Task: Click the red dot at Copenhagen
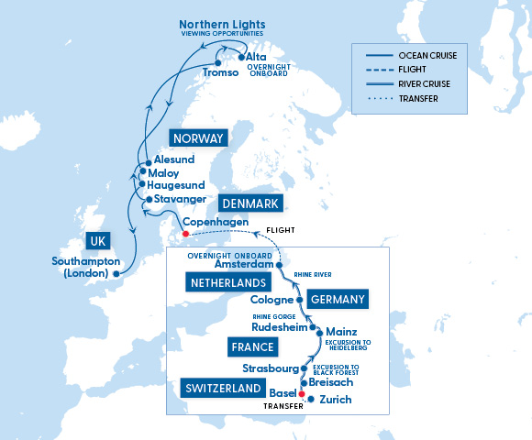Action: pyautogui.click(x=184, y=233)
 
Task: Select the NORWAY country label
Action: pyautogui.click(x=197, y=139)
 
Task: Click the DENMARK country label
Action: pyautogui.click(x=250, y=203)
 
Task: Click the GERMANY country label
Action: pyautogui.click(x=338, y=300)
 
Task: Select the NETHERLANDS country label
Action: pyautogui.click(x=228, y=283)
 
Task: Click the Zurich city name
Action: pyautogui.click(x=336, y=400)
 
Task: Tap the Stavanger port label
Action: pyautogui.click(x=178, y=197)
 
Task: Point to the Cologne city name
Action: pyautogui.click(x=271, y=300)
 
